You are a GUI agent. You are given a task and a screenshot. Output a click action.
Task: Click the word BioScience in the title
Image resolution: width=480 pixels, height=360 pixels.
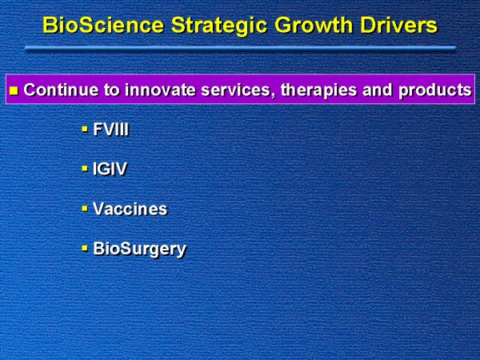click(x=103, y=25)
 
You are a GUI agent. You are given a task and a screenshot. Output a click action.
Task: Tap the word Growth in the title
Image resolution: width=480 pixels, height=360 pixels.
click(x=314, y=25)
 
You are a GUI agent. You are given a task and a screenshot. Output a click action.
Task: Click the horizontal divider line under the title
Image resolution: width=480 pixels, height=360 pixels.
click(x=241, y=48)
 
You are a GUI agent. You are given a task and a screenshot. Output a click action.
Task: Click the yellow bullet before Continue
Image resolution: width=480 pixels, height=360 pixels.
click(x=14, y=90)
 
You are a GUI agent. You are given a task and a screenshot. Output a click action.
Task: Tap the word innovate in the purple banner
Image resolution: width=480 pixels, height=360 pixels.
click(x=160, y=90)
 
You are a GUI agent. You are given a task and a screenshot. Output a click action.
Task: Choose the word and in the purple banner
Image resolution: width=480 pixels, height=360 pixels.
click(x=378, y=90)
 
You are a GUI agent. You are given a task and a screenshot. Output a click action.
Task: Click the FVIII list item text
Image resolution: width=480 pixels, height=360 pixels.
click(x=111, y=130)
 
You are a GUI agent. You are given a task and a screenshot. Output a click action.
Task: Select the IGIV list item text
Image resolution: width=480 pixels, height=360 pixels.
click(x=110, y=169)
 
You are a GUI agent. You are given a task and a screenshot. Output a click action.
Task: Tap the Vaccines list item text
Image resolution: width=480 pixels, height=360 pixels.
click(x=130, y=209)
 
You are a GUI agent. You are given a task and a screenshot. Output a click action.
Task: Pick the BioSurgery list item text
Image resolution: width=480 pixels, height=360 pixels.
click(x=139, y=249)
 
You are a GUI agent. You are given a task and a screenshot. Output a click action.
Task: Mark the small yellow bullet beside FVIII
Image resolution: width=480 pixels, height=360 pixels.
click(x=85, y=130)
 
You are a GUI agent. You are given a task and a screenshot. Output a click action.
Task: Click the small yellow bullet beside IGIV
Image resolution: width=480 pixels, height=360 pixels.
click(x=85, y=169)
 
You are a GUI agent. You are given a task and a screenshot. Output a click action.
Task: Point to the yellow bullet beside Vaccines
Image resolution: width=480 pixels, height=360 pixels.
click(x=85, y=209)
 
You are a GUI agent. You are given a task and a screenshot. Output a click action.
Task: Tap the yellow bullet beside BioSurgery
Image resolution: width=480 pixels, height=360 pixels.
click(x=85, y=248)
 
